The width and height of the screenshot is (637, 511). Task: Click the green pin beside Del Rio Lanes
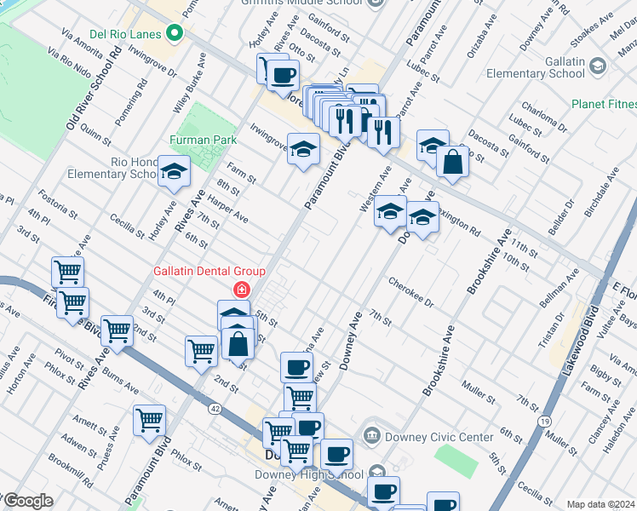(x=175, y=34)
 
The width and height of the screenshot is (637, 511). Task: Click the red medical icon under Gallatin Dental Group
(x=242, y=290)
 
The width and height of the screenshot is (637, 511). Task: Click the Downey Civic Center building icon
(x=372, y=436)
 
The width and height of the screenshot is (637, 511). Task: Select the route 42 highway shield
(x=213, y=408)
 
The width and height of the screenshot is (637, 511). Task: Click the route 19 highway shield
(x=542, y=421)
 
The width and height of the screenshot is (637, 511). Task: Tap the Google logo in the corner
(x=28, y=502)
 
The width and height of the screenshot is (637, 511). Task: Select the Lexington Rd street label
(x=458, y=219)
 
